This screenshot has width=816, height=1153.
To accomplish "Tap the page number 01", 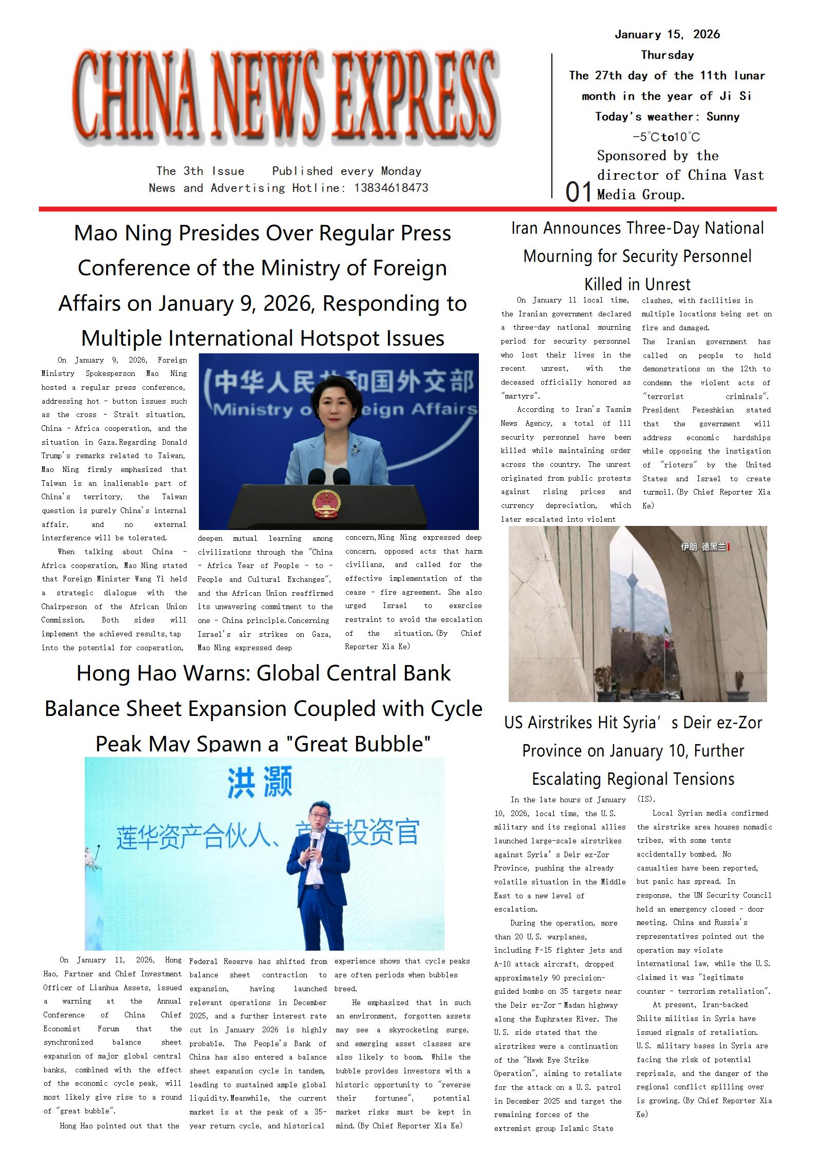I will (579, 192).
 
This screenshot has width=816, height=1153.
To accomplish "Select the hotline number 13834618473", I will (391, 188).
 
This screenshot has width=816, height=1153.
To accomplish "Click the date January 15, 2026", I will (667, 34).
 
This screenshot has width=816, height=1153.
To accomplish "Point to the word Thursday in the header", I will (667, 55).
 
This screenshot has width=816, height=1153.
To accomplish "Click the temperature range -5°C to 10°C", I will (666, 137).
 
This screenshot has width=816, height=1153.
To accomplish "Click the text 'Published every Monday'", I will (346, 171).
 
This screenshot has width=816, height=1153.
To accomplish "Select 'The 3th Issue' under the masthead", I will (200, 171).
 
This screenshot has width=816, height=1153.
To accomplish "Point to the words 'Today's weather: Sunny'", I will (667, 117).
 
